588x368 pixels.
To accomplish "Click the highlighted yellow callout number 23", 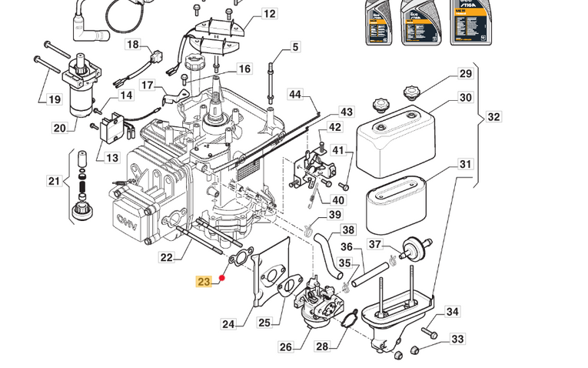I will point(204,282).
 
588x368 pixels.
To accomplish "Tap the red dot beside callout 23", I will point(221,278).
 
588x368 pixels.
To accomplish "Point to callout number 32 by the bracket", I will point(493,117).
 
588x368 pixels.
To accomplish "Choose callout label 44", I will point(296,94).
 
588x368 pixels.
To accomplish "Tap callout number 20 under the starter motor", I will point(60,127).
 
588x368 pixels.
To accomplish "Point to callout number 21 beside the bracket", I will point(53,182).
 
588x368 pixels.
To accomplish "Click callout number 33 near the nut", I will point(457,339).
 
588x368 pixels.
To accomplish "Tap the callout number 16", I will point(244,69).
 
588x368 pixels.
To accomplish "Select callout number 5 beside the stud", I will point(294,49).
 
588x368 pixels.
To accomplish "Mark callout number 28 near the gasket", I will point(322,347).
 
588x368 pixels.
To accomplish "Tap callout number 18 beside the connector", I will point(133,45).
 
